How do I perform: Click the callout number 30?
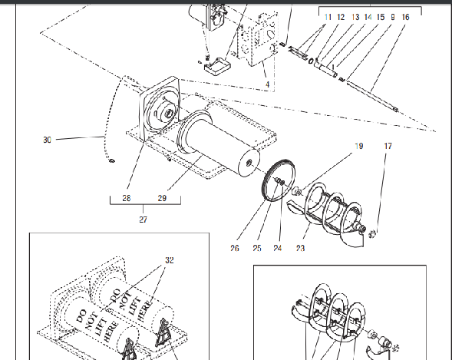[48, 140]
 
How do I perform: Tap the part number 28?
[126, 198]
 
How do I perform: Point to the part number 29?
[162, 198]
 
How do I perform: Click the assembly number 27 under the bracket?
[144, 220]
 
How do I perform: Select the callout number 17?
[388, 145]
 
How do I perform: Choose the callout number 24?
[278, 247]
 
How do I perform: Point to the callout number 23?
[299, 247]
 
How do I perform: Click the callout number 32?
[170, 260]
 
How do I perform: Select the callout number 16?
[405, 16]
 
